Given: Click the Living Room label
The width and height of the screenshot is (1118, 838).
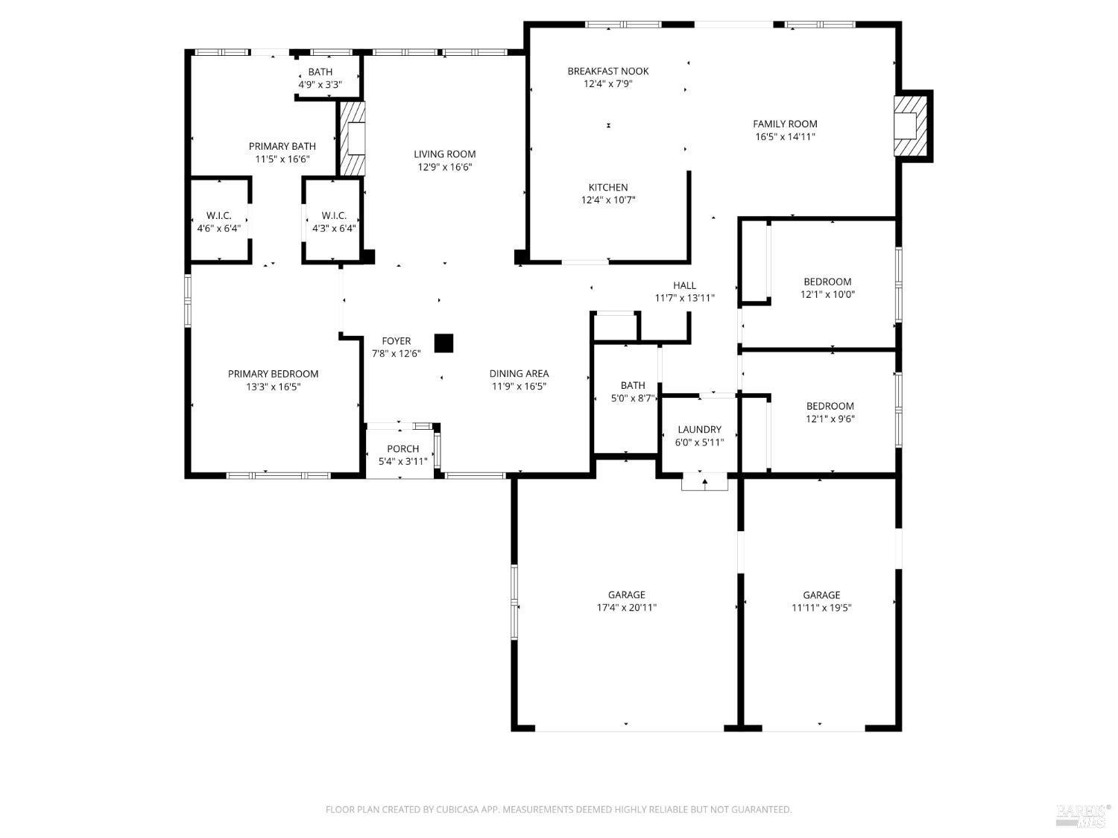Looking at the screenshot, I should point(444,154).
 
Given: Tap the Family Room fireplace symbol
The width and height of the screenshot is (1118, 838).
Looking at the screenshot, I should point(912,125).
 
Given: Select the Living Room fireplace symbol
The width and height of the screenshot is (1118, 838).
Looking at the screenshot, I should point(353,139).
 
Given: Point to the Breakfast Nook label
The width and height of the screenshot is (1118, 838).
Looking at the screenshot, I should point(607,72).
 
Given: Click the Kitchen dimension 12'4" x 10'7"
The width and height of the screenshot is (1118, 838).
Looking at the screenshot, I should point(607,200).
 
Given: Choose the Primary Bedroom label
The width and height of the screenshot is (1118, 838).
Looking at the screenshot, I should point(273,374).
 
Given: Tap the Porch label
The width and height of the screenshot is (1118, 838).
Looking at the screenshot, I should point(402,448).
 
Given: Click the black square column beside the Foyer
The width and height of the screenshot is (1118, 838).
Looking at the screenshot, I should point(443,343).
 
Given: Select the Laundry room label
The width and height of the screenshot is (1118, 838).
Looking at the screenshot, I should point(699,429).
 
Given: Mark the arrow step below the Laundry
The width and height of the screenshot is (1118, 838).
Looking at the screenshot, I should point(704,483).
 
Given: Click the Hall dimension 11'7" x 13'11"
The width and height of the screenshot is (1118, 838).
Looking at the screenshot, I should point(684,298).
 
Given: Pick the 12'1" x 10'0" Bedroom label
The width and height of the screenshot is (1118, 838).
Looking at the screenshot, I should point(827,282).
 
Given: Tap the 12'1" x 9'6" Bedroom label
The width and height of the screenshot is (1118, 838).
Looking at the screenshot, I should point(830,406).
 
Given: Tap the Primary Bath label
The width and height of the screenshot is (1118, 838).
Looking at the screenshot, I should point(282,146).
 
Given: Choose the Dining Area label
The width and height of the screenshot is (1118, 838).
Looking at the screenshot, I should point(519,374).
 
